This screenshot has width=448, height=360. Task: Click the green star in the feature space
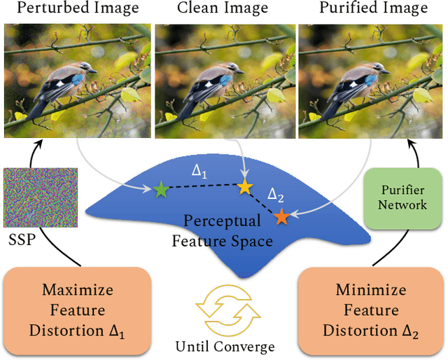pyautogui.click(x=160, y=189)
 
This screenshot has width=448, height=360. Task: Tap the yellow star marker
pyautogui.click(x=244, y=187)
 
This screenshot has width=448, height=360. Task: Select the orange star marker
pyautogui.click(x=281, y=216)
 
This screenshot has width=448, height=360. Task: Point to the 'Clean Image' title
pyautogui.click(x=223, y=9)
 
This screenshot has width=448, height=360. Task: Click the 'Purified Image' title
pyautogui.click(x=373, y=9)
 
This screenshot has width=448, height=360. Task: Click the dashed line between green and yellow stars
pyautogui.click(x=202, y=188)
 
